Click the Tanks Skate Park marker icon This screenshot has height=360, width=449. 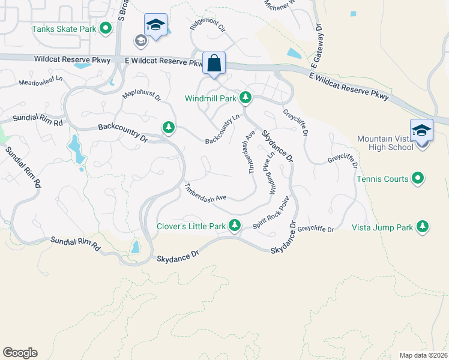tap(106, 28)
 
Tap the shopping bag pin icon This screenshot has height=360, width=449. tap(214, 63)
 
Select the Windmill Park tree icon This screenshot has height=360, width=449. tap(245, 97)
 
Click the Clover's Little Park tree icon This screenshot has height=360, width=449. tap(235, 226)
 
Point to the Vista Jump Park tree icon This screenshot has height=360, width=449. tap(423, 226)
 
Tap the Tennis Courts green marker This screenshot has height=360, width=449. tap(419, 178)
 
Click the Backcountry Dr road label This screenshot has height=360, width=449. tap(122, 133)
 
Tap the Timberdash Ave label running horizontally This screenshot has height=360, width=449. tap(205, 191)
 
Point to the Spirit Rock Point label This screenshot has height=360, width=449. tap(267, 216)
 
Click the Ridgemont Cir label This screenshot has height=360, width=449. tap(206, 25)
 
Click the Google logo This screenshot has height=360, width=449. tap(20, 352)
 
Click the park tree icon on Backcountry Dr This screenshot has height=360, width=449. tap(169, 127)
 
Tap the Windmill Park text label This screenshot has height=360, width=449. tap(211, 98)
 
